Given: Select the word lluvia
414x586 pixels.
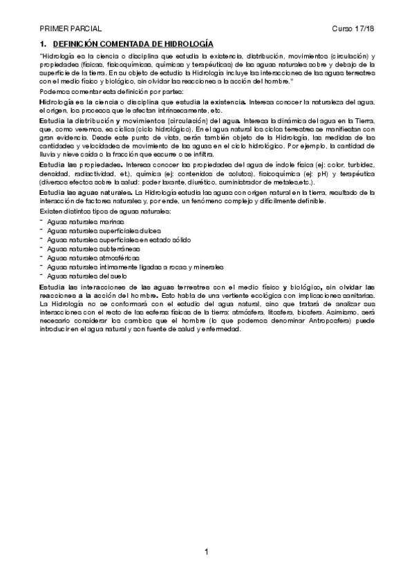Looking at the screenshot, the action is pos(48,154).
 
